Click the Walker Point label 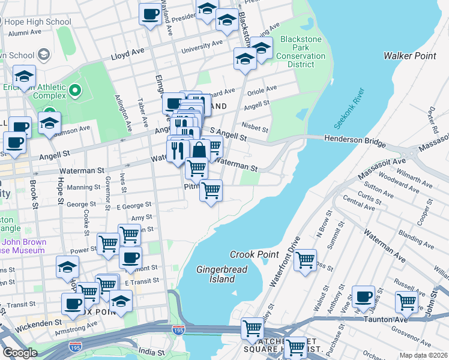(x=409, y=56)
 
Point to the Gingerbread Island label (x=221, y=274)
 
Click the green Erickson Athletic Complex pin (x=75, y=91)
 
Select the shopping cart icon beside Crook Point (x=305, y=260)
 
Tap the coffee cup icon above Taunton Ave (x=363, y=296)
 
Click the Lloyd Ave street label (x=127, y=55)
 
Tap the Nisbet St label (x=255, y=127)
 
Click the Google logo (x=20, y=353)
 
